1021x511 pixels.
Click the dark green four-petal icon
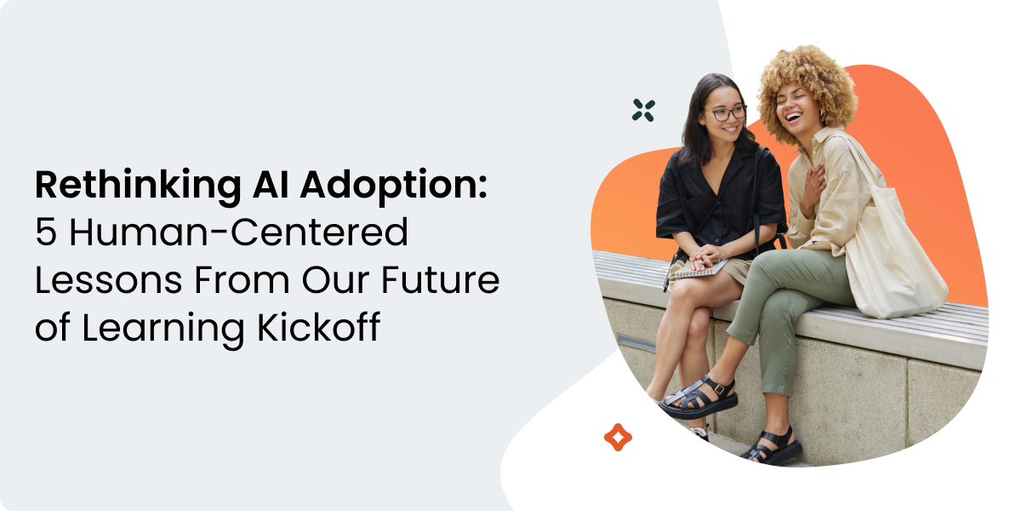pos(643,109)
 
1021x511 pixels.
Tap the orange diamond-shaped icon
pos(618,437)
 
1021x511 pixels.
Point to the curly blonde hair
pos(804,81)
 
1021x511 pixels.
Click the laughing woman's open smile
pos(794,114)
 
